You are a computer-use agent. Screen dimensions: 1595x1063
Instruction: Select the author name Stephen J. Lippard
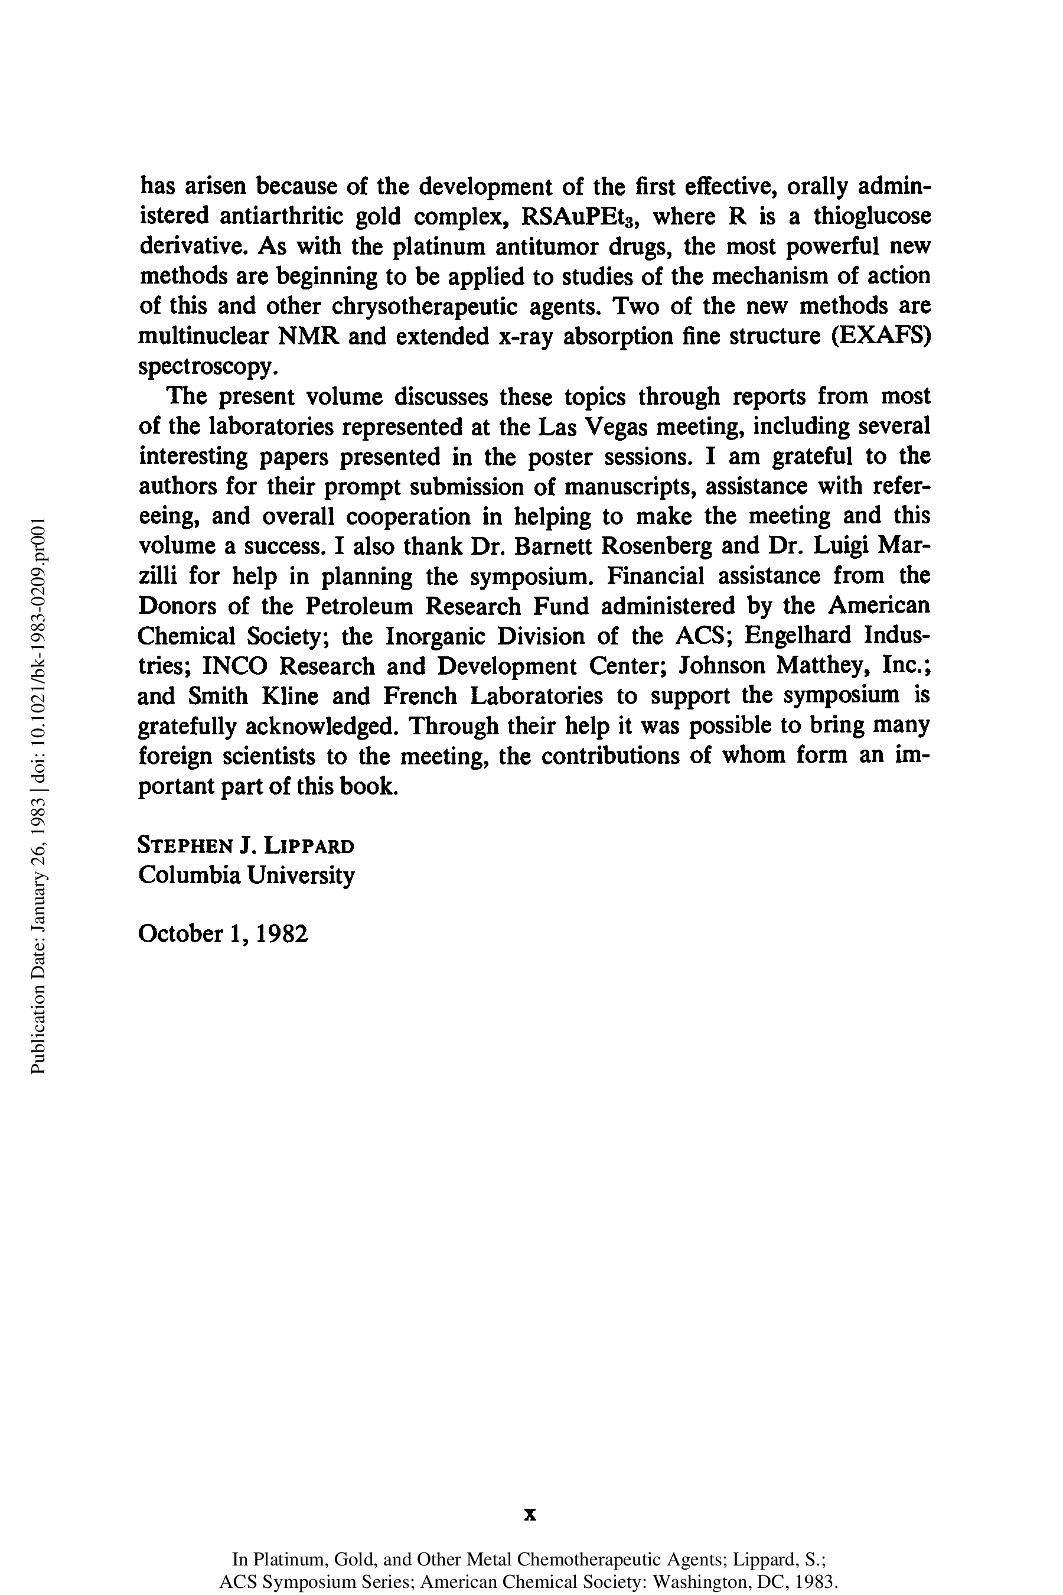point(246,847)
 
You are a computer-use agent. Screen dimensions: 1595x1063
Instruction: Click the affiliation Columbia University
point(246,875)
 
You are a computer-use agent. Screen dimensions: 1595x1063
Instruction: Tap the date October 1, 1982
point(223,935)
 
